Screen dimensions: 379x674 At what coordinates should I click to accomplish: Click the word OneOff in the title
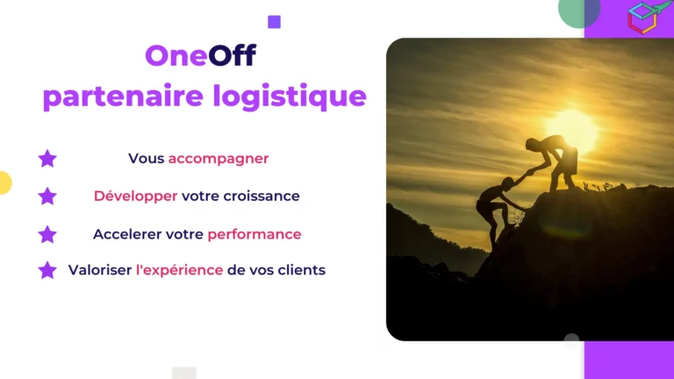(200, 56)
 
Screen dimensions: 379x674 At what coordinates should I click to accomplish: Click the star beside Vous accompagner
(47, 159)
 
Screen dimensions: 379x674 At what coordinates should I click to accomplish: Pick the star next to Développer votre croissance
(47, 196)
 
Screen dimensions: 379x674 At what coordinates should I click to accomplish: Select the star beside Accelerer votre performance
(47, 234)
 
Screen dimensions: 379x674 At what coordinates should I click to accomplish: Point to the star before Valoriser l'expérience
(47, 270)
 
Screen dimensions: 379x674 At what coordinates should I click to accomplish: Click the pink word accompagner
(219, 159)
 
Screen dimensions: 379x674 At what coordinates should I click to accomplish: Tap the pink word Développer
(135, 196)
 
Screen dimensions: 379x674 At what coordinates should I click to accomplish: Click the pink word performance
(255, 234)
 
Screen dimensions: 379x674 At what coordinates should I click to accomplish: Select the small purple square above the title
(274, 22)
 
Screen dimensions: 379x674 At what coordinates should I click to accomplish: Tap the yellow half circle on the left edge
(4, 182)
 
